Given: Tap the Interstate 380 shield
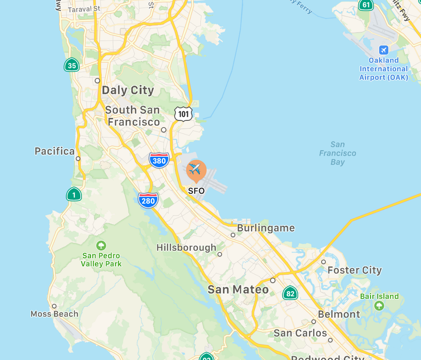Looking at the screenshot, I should pos(159,161).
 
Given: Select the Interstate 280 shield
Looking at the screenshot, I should pos(148,201).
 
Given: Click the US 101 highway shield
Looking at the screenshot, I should pos(183,114).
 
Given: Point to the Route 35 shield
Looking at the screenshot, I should pos(72,65).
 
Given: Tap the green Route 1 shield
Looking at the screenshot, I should pos(74,195).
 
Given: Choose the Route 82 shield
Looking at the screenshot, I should pos(290,293).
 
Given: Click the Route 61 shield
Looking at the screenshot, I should pos(366,5).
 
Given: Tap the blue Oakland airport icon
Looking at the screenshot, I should pos(384,50).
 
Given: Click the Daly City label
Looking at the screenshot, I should pos(128,90).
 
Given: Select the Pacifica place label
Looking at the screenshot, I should pos(54,151).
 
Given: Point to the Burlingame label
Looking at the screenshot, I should pos(266,228).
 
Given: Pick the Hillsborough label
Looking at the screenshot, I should pos(186,247).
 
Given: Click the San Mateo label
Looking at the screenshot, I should pos(238,290).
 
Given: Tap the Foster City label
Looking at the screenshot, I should pos(354,270).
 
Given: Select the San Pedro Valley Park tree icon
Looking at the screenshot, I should pos(101,245).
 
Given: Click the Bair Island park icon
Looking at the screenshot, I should pos(379,306).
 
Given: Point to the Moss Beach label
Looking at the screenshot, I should pos(54,314).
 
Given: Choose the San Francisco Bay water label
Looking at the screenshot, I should pos(338,153).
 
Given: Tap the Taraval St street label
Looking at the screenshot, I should pos(84,9).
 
